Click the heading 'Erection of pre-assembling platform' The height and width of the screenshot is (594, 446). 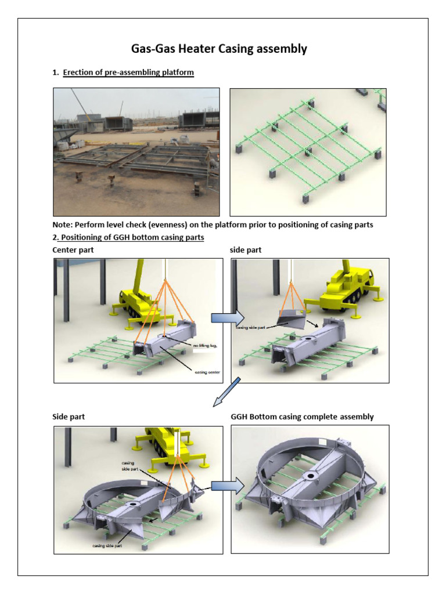128,73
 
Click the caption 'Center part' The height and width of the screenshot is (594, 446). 74,249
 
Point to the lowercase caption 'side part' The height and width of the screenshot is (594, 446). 246,249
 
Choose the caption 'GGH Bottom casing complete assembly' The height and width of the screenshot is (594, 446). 302,416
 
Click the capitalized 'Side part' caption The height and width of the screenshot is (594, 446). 69,416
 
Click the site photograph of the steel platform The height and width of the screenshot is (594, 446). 136,152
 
